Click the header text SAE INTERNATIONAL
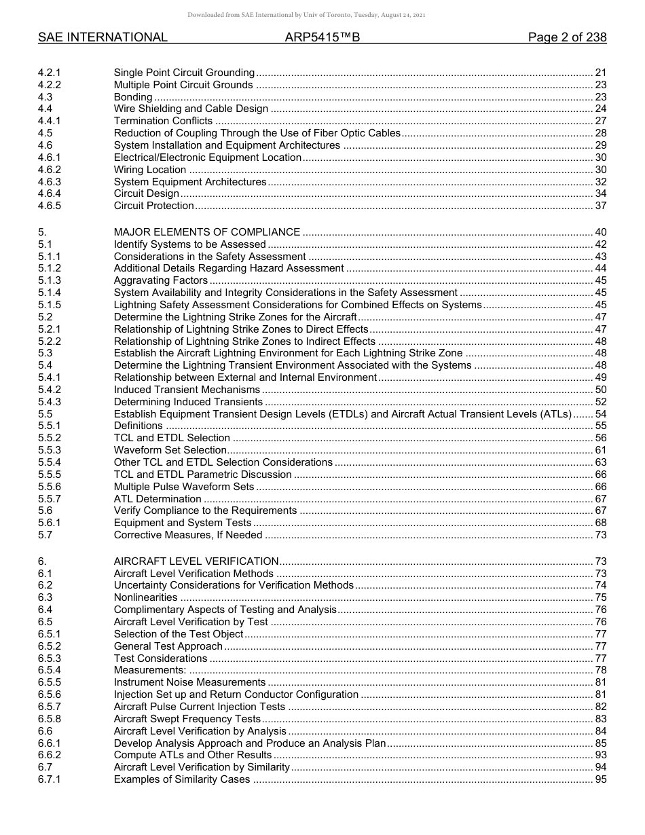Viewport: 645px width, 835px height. click(103, 38)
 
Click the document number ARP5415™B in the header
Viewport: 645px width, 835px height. click(322, 38)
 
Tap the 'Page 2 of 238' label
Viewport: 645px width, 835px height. click(567, 38)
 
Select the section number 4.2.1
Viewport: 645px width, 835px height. click(49, 73)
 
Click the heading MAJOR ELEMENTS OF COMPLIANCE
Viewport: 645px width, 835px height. click(207, 232)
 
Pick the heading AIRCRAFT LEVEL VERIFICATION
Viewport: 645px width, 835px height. click(196, 561)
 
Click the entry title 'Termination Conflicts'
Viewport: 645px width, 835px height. click(163, 122)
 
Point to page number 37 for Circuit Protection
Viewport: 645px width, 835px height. click(600, 206)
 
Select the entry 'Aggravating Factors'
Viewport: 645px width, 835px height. click(161, 280)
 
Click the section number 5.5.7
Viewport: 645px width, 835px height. click(49, 499)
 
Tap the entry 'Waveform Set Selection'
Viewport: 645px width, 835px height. click(170, 450)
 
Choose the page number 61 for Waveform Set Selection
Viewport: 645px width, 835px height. click(600, 450)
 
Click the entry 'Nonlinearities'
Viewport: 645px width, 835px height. click(145, 597)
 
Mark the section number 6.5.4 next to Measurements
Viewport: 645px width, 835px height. click(49, 671)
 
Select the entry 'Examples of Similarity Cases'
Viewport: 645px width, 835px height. click(182, 780)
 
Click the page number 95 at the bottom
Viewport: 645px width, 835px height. click(600, 780)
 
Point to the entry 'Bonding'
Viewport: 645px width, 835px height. click(133, 97)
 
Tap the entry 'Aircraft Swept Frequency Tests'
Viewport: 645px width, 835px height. click(187, 719)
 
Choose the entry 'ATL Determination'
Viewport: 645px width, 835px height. click(158, 499)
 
